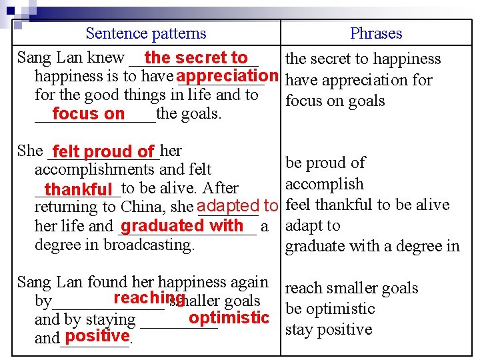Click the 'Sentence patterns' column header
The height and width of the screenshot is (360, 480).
(146, 33)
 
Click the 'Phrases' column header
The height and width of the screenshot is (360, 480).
(376, 33)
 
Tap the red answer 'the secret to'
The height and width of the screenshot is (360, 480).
(195, 58)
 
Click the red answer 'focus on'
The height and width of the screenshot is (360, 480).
(88, 114)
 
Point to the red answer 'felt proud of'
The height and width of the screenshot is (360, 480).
(104, 152)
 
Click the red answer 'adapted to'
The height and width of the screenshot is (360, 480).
(237, 206)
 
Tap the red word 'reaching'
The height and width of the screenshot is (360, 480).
(149, 298)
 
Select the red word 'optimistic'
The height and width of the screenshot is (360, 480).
(229, 317)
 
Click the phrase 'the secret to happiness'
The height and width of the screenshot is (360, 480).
(363, 59)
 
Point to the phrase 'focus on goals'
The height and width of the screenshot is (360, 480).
(335, 101)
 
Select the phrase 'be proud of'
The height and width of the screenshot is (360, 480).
(325, 163)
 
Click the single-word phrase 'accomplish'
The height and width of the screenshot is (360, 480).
(325, 184)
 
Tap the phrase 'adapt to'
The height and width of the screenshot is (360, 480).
(313, 225)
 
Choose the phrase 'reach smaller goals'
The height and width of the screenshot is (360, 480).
(351, 288)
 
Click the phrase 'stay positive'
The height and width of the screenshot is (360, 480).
(329, 329)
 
